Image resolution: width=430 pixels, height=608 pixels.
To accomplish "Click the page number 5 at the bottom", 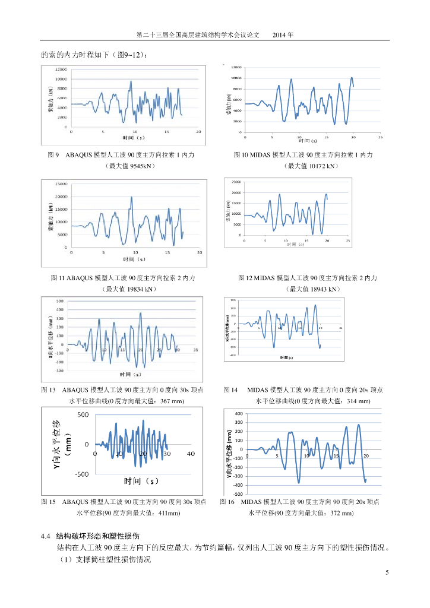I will (x=387, y=572).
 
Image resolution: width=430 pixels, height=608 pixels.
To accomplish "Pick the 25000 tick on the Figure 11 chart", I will (x=61, y=183).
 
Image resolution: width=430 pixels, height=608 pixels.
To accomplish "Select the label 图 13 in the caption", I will (x=48, y=390).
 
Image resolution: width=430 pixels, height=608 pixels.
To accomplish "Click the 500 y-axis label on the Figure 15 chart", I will (x=83, y=414).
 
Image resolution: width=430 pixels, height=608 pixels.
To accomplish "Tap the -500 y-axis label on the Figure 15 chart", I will (x=81, y=474).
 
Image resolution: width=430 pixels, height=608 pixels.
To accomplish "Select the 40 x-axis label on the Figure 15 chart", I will (x=191, y=454).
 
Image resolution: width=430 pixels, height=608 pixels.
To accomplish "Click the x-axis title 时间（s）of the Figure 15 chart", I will (x=144, y=480).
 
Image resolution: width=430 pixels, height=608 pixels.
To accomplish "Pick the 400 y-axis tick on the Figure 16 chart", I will (x=239, y=413).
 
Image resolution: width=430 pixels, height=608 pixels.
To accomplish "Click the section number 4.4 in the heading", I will (x=45, y=536).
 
